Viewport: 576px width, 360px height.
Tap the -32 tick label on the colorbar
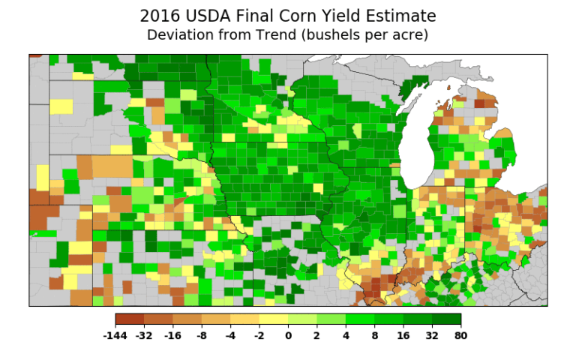coord(144,335)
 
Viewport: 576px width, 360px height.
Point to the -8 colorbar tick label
coord(202,335)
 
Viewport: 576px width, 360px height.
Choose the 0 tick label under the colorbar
coord(288,335)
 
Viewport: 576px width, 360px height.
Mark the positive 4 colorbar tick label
coord(346,335)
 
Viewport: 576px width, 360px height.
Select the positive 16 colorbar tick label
coord(403,335)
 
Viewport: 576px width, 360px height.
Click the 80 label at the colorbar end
coord(460,335)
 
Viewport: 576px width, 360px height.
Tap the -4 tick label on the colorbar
coord(230,335)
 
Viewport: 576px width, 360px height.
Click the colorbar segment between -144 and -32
coord(130,319)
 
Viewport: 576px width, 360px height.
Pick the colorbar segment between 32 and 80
coord(446,319)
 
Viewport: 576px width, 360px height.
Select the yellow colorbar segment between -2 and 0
coord(274,319)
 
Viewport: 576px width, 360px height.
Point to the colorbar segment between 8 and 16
coord(388,319)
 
